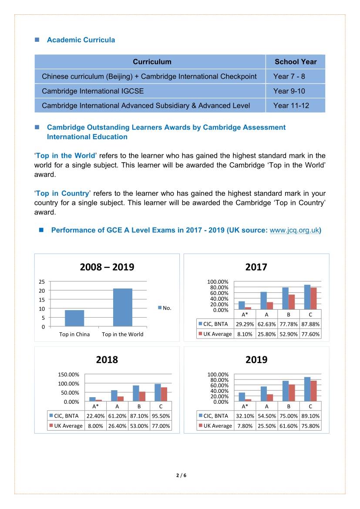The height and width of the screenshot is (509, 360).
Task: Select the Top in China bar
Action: click(74, 318)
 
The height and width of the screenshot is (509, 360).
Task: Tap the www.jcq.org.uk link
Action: click(294, 230)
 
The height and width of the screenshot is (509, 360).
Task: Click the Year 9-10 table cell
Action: click(289, 91)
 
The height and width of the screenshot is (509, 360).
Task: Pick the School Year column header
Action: click(296, 62)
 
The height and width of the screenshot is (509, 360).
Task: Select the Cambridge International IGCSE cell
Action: click(93, 91)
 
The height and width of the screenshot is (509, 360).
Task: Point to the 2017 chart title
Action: click(256, 267)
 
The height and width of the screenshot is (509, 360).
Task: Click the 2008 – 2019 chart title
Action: click(107, 267)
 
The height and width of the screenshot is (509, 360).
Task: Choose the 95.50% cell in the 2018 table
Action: click(161, 415)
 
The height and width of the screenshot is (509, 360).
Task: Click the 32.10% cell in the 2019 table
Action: click(244, 415)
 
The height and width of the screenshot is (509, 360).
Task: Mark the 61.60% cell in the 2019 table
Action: click(288, 426)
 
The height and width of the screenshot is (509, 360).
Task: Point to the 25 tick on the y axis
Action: click(43, 281)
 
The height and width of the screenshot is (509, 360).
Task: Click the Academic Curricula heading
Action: click(81, 40)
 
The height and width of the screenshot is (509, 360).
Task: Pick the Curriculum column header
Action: click(152, 62)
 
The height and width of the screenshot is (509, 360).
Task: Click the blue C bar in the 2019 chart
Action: click(307, 389)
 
